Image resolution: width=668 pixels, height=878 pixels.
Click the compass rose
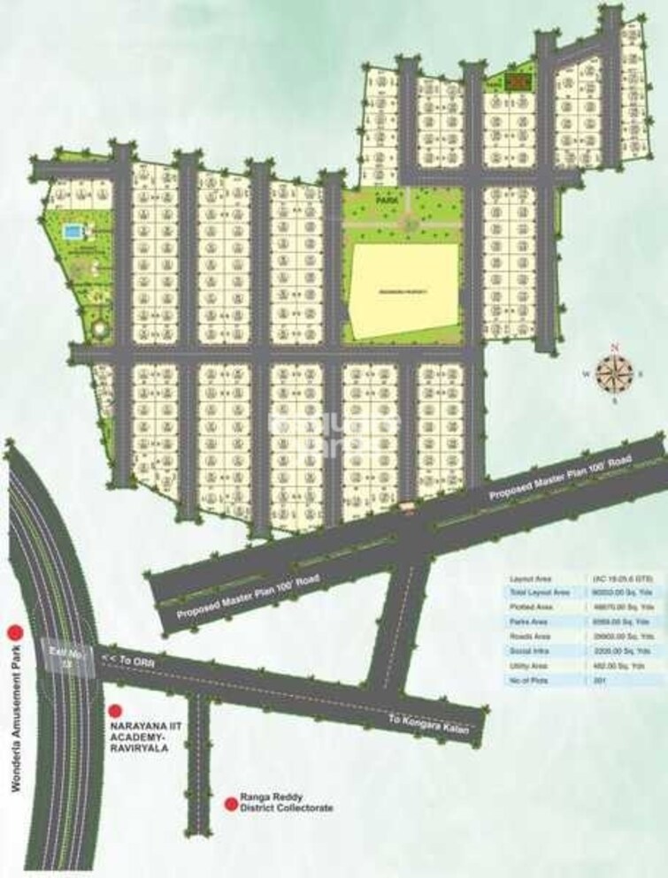tap(610, 372)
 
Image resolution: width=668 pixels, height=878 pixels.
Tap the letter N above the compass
tap(610, 347)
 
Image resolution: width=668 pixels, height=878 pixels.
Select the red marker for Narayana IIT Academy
tap(113, 710)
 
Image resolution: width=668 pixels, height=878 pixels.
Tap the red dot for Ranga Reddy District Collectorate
tap(232, 803)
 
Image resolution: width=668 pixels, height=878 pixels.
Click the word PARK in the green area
tap(386, 202)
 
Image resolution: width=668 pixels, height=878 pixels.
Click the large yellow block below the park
tap(405, 291)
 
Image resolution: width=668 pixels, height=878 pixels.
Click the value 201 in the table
tap(600, 679)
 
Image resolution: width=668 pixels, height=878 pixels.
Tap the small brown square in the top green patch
tap(516, 82)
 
